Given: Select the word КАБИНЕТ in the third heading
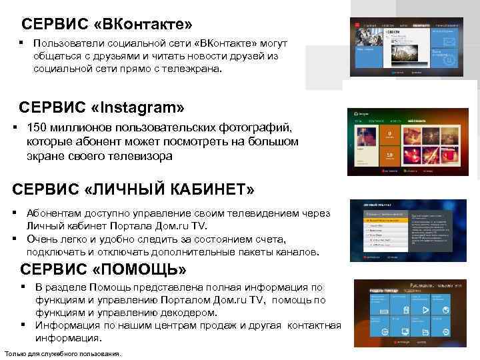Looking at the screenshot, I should point(200,190).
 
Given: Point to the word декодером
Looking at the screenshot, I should point(189,313).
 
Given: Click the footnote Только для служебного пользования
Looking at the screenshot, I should point(62,353).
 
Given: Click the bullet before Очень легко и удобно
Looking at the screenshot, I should point(14,239).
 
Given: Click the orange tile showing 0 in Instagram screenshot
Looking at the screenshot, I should point(388,135).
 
